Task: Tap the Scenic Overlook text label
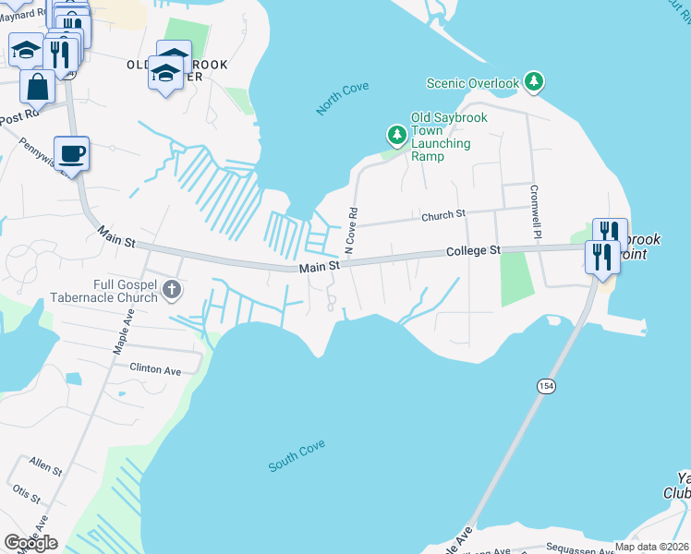click(473, 84)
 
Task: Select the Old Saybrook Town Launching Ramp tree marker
click(397, 137)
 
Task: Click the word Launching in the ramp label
click(441, 143)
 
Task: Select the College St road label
click(472, 251)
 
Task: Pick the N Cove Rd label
click(350, 231)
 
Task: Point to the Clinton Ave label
click(155, 369)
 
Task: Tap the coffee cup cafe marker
click(71, 153)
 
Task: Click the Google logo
click(30, 543)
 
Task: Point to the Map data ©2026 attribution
click(650, 547)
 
